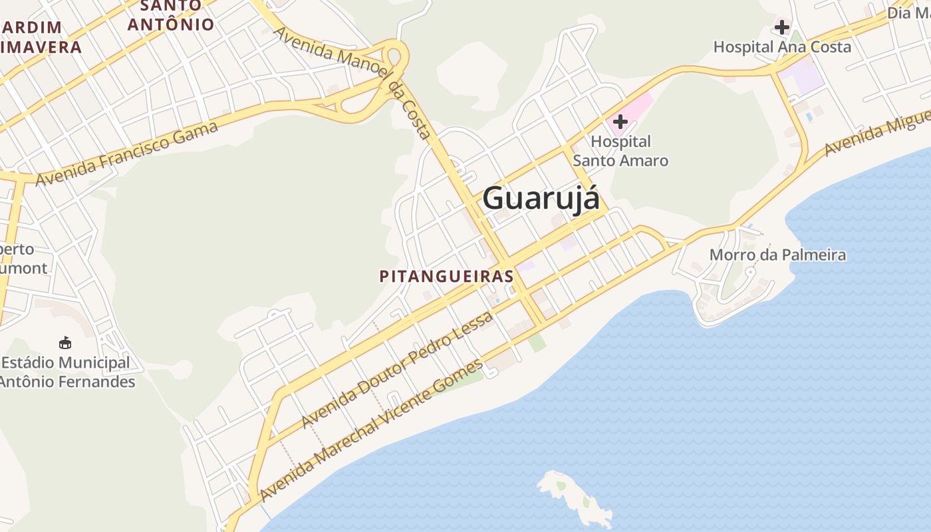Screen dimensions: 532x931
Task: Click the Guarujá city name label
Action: click(x=541, y=199)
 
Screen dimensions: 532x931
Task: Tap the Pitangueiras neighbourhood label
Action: click(x=446, y=276)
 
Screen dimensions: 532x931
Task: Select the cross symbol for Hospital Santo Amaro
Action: click(x=620, y=122)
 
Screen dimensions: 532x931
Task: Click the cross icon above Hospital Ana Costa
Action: click(x=781, y=27)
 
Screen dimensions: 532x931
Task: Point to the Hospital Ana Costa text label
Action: click(x=782, y=47)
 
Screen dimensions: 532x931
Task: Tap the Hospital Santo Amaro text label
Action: click(x=620, y=151)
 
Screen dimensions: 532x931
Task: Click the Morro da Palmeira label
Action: click(x=777, y=255)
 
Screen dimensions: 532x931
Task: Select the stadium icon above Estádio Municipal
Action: click(x=65, y=343)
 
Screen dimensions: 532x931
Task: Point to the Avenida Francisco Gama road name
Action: click(x=126, y=154)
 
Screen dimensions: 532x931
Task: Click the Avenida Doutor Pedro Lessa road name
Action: click(x=397, y=370)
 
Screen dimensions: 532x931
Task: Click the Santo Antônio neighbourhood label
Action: click(x=171, y=16)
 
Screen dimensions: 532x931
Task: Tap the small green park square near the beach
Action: click(x=537, y=342)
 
